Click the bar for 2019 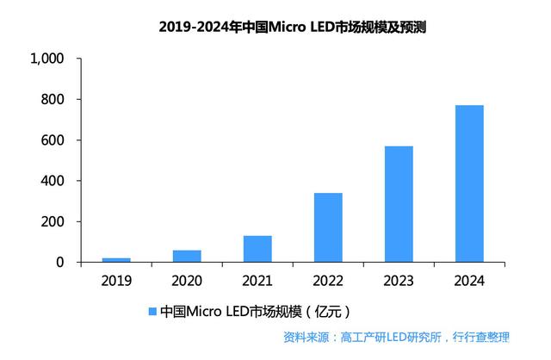pos(116,259)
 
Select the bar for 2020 pos(187,256)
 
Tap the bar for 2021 pos(257,249)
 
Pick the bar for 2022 pos(328,227)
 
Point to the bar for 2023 pos(399,204)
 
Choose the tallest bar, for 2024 pos(469,183)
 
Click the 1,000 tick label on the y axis pos(47,59)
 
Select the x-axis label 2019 pos(116,281)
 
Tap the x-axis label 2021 pos(257,281)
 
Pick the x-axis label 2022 pos(328,281)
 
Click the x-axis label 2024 pos(469,281)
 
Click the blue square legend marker pos(153,311)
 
